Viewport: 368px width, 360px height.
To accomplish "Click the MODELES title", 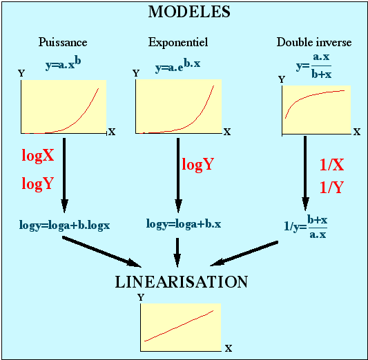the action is [189, 12].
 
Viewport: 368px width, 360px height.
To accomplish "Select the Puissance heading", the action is [63, 42].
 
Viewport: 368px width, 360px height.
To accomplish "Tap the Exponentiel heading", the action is [178, 42].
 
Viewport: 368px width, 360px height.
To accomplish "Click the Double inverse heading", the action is [314, 42].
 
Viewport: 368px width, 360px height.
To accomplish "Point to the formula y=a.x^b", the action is [64, 63].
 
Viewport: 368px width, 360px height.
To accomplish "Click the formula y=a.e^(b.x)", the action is [178, 66].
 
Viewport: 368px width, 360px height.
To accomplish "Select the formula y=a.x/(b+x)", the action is [314, 66].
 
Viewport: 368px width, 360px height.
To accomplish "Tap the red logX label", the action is [38, 155].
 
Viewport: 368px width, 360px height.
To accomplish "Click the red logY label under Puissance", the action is [38, 183].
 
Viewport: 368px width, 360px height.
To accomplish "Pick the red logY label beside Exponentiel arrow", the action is [198, 164].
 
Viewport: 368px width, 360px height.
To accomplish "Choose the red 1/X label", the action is [332, 165].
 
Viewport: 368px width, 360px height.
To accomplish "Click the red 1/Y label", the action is [332, 187].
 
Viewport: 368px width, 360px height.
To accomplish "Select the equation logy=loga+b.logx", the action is [64, 226].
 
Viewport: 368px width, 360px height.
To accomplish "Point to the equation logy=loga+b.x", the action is [184, 224].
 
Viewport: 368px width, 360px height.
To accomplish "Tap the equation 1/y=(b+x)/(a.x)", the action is [306, 227].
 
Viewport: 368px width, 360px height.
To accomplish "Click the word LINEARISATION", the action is [182, 282].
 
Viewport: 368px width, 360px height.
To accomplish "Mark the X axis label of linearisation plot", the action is [229, 348].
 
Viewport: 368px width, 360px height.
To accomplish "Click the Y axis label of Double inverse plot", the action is [282, 79].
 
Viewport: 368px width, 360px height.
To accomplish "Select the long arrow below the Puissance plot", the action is [64, 175].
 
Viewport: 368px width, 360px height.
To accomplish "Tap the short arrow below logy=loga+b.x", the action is [177, 252].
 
